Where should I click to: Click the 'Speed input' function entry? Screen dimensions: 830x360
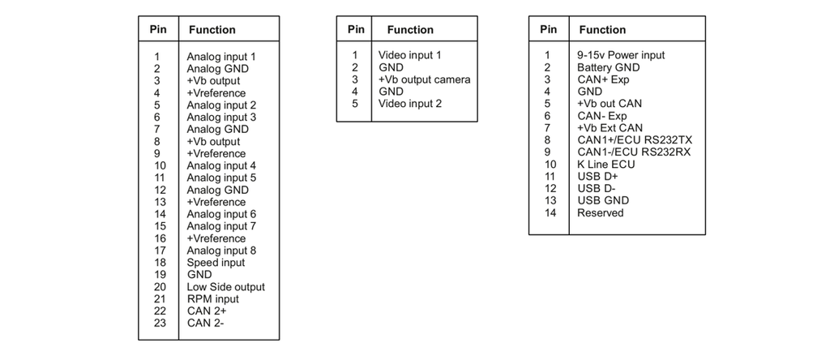pos(216,263)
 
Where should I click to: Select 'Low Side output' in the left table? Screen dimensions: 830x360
pos(225,287)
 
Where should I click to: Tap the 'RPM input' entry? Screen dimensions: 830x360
pos(213,299)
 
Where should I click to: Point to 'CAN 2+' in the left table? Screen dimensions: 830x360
pos(207,311)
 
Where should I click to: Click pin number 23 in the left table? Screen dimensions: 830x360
pos(160,323)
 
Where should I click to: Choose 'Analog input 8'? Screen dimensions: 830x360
pos(221,251)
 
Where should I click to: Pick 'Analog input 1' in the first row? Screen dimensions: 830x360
pos(221,57)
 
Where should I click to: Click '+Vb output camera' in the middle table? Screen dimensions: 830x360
pos(425,79)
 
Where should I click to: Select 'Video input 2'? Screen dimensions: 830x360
pos(409,104)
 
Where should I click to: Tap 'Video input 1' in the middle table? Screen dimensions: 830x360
pos(409,55)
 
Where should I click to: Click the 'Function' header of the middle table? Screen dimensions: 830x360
pos(410,30)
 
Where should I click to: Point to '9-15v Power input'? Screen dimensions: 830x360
pos(621,55)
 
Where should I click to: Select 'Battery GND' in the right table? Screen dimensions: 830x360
pos(608,67)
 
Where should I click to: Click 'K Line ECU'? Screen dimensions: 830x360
pos(606,164)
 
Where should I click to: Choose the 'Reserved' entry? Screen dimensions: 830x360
pos(601,212)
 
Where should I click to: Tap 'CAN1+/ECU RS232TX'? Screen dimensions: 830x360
pos(635,140)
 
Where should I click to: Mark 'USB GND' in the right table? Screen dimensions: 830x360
pos(603,200)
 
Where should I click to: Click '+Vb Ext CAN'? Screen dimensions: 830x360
pos(610,128)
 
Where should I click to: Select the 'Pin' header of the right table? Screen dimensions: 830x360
pos(549,30)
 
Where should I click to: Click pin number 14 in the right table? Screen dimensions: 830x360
pos(550,212)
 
